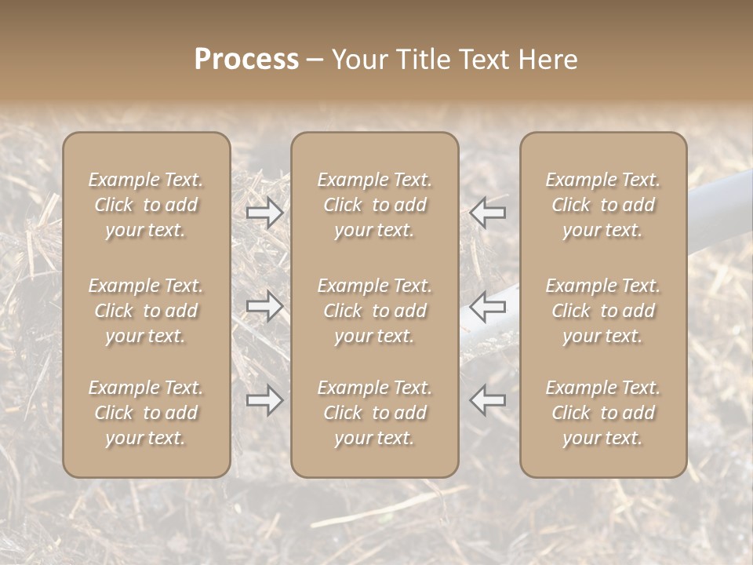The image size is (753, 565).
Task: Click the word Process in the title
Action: pyautogui.click(x=246, y=60)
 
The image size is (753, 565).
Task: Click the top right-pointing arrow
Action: pyautogui.click(x=264, y=212)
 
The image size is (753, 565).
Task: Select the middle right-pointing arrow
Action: pyautogui.click(x=264, y=306)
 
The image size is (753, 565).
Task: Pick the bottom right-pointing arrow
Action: pyautogui.click(x=264, y=401)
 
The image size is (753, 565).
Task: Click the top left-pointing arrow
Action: pyautogui.click(x=488, y=212)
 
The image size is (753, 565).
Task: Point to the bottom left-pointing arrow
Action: pyautogui.click(x=488, y=399)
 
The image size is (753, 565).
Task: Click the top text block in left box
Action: pyautogui.click(x=146, y=205)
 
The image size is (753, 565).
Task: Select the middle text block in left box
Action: pyautogui.click(x=146, y=311)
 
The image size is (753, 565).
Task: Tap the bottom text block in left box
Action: pyautogui.click(x=146, y=413)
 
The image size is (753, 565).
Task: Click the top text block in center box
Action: pyautogui.click(x=374, y=205)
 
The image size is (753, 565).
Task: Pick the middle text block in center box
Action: pyautogui.click(x=374, y=311)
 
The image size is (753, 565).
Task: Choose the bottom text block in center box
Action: pyautogui.click(x=374, y=413)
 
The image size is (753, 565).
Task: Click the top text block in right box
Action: pyautogui.click(x=602, y=205)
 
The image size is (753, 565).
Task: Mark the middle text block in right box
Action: pyautogui.click(x=602, y=311)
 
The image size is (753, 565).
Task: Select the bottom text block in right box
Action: pyautogui.click(x=602, y=413)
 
